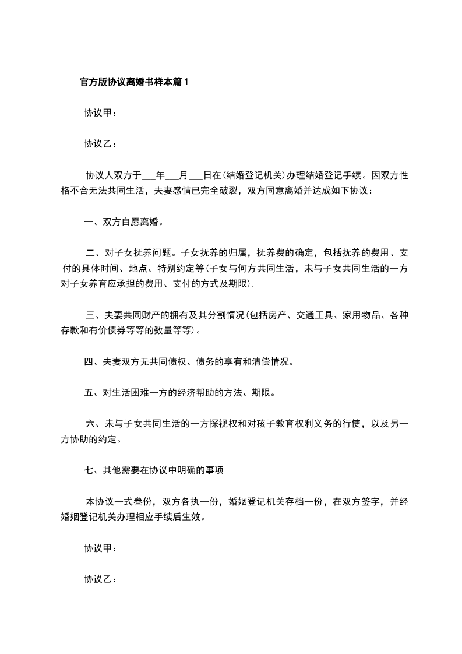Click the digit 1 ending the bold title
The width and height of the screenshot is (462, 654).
click(x=186, y=82)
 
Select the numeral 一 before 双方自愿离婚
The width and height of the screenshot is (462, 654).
click(x=89, y=222)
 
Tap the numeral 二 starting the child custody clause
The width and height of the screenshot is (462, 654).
click(x=90, y=253)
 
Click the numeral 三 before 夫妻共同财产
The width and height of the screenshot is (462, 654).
click(x=90, y=315)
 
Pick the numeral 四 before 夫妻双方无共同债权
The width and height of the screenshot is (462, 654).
click(x=89, y=362)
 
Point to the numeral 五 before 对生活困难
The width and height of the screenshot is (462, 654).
click(x=89, y=393)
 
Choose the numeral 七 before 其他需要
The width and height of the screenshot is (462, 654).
click(x=89, y=470)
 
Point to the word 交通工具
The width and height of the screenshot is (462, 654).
click(x=314, y=315)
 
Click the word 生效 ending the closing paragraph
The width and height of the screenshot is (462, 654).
click(x=192, y=517)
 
